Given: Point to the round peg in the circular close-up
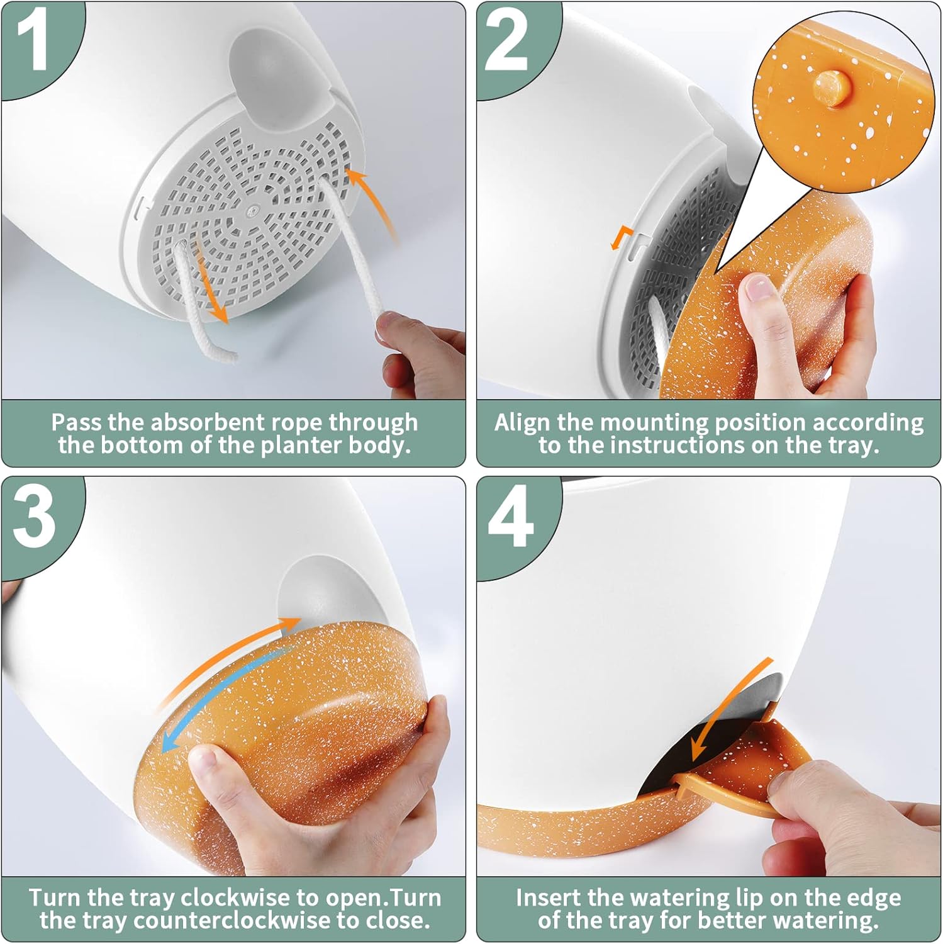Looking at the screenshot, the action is coord(829,86).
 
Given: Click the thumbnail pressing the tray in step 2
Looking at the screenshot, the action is coord(759,287).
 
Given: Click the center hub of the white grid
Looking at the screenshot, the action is coord(254,210).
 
